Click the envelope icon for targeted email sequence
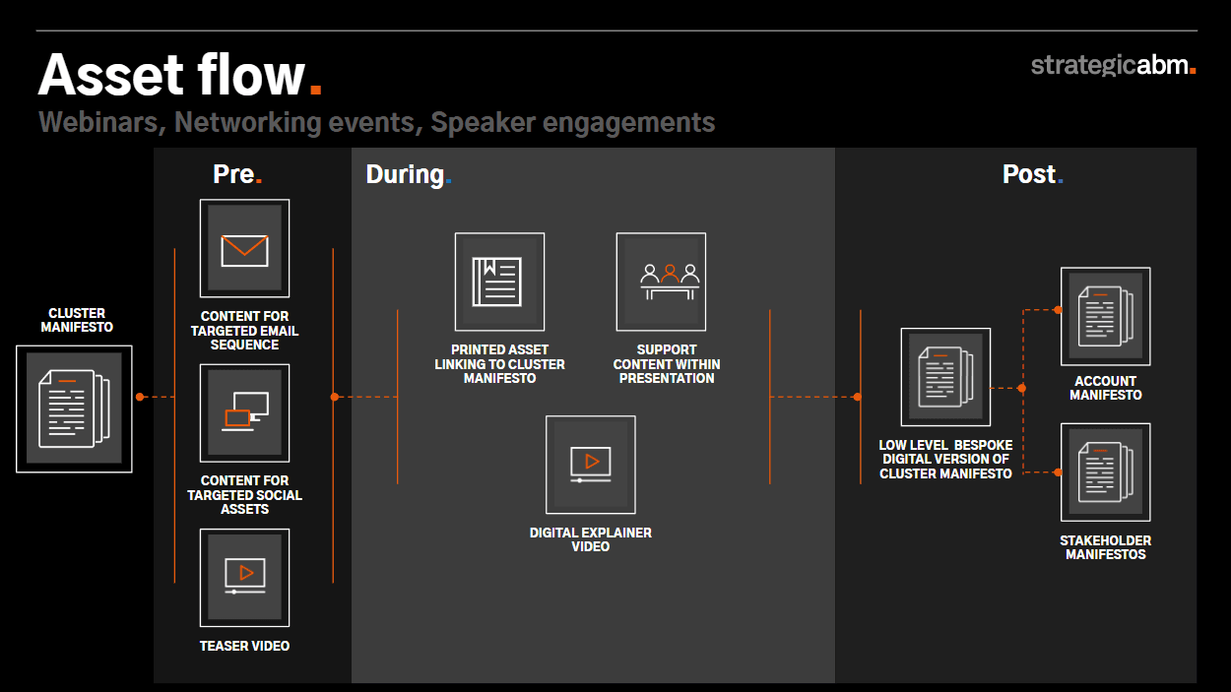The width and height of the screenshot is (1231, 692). click(x=244, y=250)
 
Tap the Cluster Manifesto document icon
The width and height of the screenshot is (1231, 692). click(x=74, y=409)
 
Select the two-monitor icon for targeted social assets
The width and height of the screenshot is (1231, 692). click(x=245, y=411)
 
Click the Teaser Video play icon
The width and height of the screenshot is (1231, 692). click(x=245, y=576)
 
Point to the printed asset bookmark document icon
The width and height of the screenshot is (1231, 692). click(x=496, y=282)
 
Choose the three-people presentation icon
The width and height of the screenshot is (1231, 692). click(x=670, y=282)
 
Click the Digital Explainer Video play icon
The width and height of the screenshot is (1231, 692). click(x=591, y=465)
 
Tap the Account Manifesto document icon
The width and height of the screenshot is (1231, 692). click(x=1106, y=316)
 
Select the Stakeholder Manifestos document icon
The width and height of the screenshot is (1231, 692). click(x=1106, y=472)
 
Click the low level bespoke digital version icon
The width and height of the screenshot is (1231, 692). click(x=945, y=377)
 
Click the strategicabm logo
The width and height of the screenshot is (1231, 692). click(x=1114, y=65)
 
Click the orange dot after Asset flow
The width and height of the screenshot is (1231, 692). click(x=315, y=89)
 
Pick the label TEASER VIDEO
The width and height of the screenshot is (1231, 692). click(x=244, y=646)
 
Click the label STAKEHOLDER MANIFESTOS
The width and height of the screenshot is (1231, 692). click(x=1106, y=547)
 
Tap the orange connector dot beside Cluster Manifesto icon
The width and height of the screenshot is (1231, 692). click(x=140, y=397)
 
